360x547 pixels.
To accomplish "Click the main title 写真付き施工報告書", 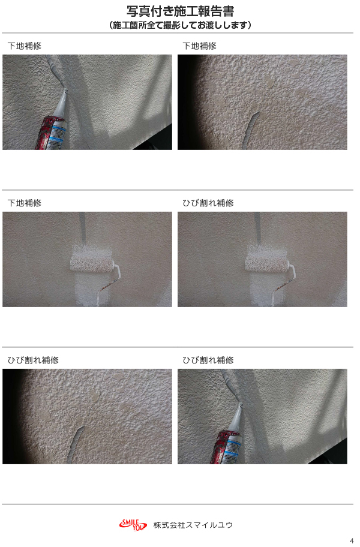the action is tap(180, 11).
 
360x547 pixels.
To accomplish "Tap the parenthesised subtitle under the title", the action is tap(180, 25).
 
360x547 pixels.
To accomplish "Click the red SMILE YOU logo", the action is tap(133, 525).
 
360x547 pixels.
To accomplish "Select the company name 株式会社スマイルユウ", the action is tap(193, 525).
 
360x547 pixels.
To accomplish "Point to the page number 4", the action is tap(351, 542).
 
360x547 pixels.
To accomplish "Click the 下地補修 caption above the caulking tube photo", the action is tap(25, 46).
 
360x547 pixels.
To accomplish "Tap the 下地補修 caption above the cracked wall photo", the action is tap(200, 46).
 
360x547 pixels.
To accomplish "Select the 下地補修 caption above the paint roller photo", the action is tap(25, 203).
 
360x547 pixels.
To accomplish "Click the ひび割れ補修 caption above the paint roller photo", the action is tap(208, 203).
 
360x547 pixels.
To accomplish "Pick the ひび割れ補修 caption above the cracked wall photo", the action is tap(33, 360).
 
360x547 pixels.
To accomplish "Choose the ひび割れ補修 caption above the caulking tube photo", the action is tap(208, 360).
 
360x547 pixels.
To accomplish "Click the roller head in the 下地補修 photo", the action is tap(92, 263).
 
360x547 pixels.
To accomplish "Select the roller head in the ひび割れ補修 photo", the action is tap(267, 263).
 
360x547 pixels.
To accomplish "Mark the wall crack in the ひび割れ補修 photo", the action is tap(77, 444).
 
